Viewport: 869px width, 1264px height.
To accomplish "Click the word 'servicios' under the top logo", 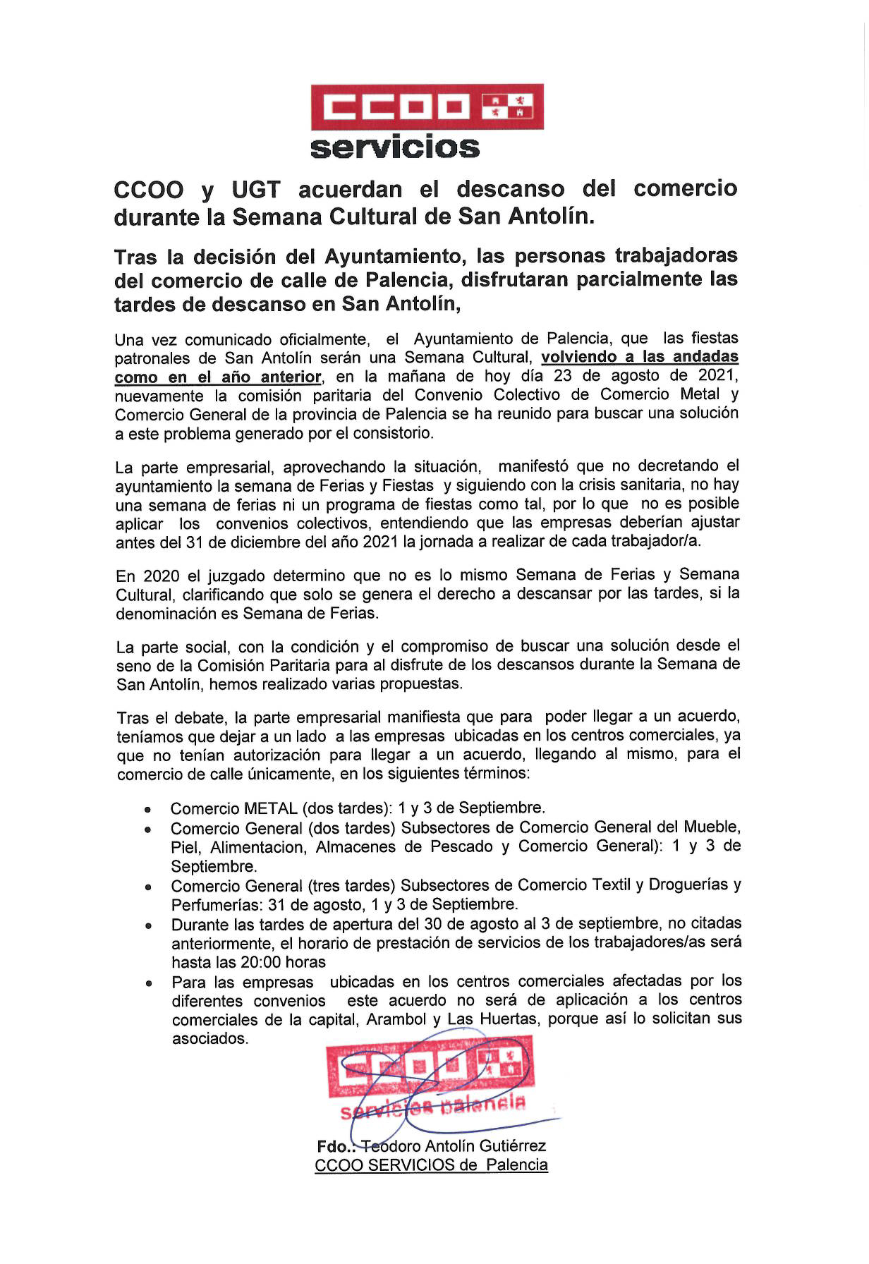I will [x=395, y=148].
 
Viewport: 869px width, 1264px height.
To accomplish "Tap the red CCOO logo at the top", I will [x=427, y=107].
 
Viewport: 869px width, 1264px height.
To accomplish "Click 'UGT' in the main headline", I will [x=255, y=190].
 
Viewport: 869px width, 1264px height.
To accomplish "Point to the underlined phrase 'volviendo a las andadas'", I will [x=640, y=356].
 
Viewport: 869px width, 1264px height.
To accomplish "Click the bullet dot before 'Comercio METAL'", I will [x=147, y=810].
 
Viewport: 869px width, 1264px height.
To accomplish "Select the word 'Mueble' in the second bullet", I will [x=712, y=827].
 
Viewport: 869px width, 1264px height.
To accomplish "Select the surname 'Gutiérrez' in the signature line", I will [x=511, y=1146].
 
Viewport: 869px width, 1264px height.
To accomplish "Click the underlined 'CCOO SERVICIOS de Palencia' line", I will [x=431, y=1165].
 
